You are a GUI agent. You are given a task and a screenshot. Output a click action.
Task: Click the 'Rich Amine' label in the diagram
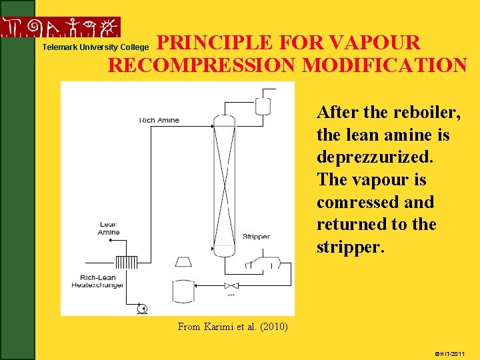point(159,120)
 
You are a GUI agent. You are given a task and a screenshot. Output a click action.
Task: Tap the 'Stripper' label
point(256,237)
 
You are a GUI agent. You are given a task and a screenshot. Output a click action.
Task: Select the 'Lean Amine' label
point(108,228)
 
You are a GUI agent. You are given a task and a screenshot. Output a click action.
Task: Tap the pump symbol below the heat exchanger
point(141,307)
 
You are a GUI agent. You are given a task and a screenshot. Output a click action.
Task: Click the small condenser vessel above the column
point(263,104)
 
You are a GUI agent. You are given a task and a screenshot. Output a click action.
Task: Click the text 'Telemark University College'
point(95,47)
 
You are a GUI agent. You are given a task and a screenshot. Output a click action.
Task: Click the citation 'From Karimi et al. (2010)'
point(232,326)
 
